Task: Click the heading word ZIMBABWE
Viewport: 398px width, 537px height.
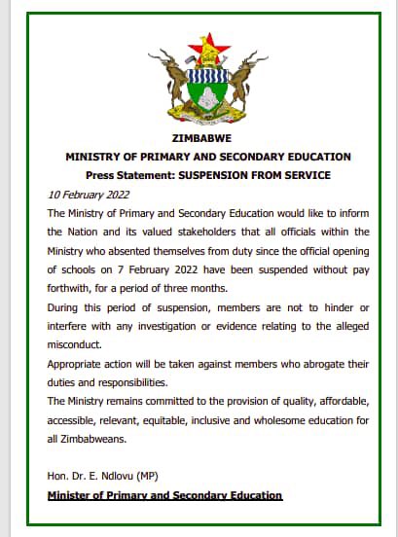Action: click(x=207, y=139)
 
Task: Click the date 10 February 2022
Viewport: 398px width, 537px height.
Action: click(x=89, y=195)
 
